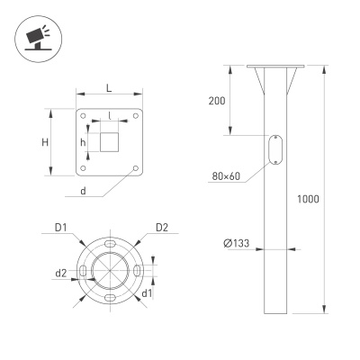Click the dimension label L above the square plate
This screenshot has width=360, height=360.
[x=109, y=87]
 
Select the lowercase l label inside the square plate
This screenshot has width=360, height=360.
[x=109, y=117]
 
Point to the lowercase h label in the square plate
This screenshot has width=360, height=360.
[x=83, y=143]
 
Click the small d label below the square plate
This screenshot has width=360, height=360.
[x=83, y=190]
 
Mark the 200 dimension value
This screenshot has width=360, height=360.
[x=216, y=100]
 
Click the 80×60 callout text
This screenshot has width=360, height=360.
[x=227, y=176]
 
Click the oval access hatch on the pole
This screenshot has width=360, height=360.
[x=275, y=150]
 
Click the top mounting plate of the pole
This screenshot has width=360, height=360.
[x=276, y=67]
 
